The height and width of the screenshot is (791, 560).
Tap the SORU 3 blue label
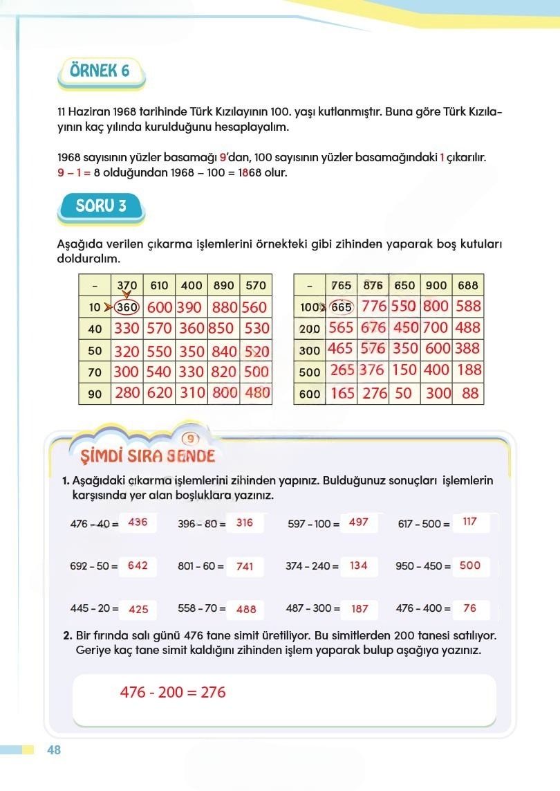(x=100, y=206)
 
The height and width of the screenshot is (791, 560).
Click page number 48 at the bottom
(x=54, y=750)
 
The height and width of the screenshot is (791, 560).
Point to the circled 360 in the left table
(x=127, y=307)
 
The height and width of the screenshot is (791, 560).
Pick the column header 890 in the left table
(x=224, y=285)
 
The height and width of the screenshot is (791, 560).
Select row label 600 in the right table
(x=310, y=394)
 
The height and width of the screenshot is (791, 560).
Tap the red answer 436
(x=138, y=522)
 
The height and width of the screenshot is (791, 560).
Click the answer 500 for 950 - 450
(x=469, y=565)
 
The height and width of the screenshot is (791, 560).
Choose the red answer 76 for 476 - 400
(x=470, y=608)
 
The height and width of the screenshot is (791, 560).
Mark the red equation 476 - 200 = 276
(x=173, y=692)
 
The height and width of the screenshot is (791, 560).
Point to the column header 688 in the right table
(x=467, y=285)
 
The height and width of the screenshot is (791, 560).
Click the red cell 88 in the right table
(x=470, y=393)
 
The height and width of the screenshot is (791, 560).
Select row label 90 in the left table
(x=95, y=394)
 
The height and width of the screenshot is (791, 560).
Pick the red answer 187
(x=360, y=609)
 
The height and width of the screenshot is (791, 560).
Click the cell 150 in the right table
(x=404, y=370)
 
